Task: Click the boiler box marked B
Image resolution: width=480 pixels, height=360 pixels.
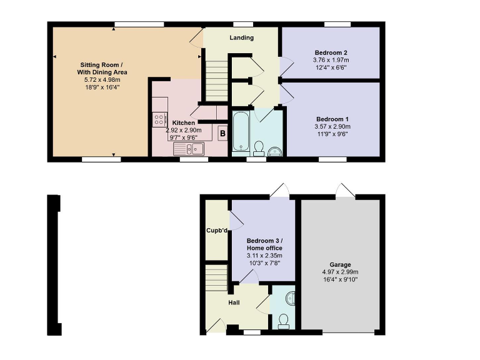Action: tap(222, 133)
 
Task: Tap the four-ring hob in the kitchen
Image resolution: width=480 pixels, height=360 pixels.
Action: tap(159, 119)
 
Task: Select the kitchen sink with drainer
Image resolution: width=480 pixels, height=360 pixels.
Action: tap(189, 148)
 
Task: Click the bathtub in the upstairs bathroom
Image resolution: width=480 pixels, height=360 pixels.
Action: tap(241, 132)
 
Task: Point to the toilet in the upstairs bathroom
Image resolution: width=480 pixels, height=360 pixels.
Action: tap(257, 147)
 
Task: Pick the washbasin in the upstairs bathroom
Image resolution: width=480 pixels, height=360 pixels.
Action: tap(274, 150)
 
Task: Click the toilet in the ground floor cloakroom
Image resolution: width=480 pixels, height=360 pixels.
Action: tap(284, 320)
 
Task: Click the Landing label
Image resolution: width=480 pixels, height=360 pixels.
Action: tap(242, 37)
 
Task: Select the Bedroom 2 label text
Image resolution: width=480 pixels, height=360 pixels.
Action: tap(331, 52)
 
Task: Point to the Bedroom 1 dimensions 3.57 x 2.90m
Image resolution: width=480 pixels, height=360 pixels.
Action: tap(331, 126)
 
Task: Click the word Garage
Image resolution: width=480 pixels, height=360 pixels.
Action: tap(341, 264)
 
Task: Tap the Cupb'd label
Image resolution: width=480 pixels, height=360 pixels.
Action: tap(217, 230)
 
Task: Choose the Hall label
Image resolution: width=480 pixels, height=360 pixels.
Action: tap(234, 302)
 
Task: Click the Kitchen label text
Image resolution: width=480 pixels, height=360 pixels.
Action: tap(184, 122)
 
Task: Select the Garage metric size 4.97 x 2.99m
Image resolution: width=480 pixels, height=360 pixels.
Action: tap(341, 272)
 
